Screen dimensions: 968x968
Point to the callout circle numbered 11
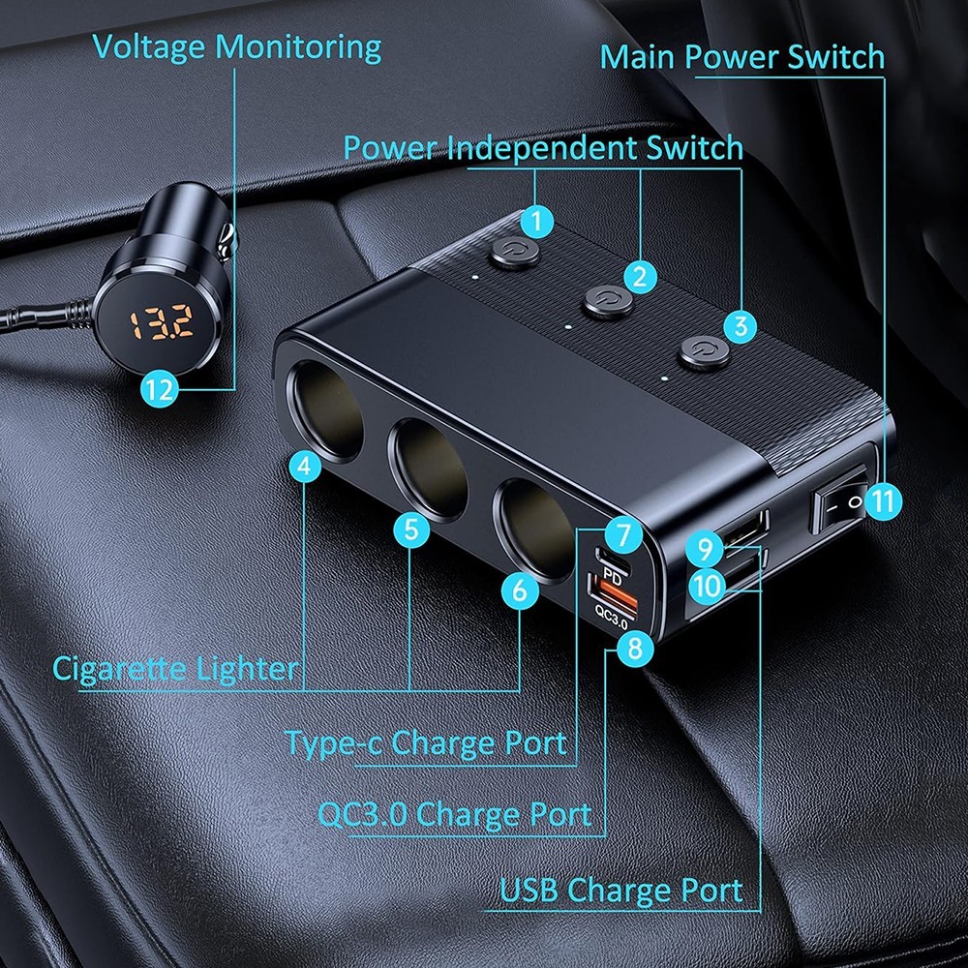pos(882,501)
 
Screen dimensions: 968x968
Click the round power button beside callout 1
pos(505,256)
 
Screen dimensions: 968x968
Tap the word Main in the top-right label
pos(636,56)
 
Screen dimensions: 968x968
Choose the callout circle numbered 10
pos(707,584)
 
